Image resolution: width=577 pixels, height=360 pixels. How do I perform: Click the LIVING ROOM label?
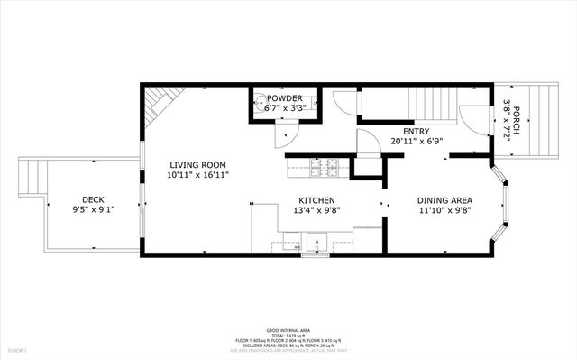coord(197,165)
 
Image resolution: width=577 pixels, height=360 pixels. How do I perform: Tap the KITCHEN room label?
coord(317,200)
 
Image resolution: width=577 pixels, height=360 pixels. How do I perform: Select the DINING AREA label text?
coord(444,200)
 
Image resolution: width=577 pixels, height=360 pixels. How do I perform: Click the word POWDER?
coord(284,98)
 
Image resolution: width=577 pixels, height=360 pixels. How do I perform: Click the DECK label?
coord(93,200)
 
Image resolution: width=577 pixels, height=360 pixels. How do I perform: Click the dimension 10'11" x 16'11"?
coord(197,175)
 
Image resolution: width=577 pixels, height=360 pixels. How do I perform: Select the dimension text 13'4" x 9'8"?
coord(317,210)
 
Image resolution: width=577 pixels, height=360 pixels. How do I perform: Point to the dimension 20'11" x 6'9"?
coord(416,142)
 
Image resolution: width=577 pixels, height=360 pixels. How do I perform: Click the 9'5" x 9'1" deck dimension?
coord(93,210)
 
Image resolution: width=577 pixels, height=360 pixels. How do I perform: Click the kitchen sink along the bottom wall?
coord(316,241)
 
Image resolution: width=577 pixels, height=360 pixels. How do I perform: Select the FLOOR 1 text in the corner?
coord(17,349)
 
